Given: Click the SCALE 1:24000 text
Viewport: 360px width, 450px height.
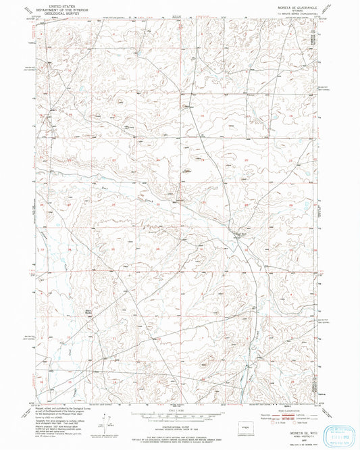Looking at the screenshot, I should click(x=178, y=408).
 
